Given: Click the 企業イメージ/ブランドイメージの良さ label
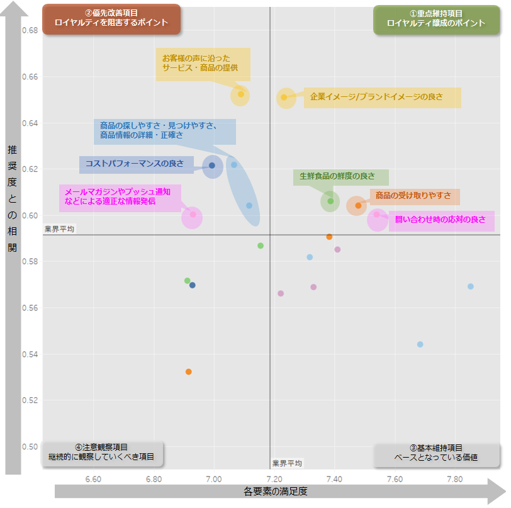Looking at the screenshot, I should point(382,98).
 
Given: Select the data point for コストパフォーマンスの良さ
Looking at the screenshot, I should point(212,166).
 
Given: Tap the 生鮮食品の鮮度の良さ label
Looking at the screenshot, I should point(340,177).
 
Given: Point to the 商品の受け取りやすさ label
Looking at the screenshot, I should point(413,196).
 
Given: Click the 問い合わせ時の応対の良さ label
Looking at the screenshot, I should point(441,220).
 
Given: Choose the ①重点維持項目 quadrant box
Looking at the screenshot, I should point(436,19).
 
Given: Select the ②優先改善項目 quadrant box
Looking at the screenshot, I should point(111,19).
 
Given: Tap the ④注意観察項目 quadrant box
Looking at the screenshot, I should point(102,453).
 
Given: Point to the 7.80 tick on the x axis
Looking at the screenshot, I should point(455,480).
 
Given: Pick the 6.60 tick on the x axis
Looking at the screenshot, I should point(93,480).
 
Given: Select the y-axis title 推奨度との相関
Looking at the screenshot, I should point(13,198).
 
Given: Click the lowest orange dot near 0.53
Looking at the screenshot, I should point(188,372).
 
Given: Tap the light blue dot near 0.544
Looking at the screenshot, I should point(420,344).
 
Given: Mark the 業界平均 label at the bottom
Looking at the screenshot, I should point(287,463).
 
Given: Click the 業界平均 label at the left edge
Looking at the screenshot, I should point(59,229).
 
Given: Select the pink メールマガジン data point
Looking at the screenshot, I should point(193,215).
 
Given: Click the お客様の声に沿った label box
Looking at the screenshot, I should point(203,64).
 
